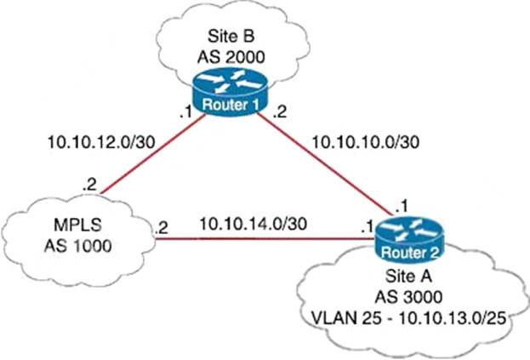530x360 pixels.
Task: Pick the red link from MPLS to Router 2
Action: [x=255, y=238]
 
